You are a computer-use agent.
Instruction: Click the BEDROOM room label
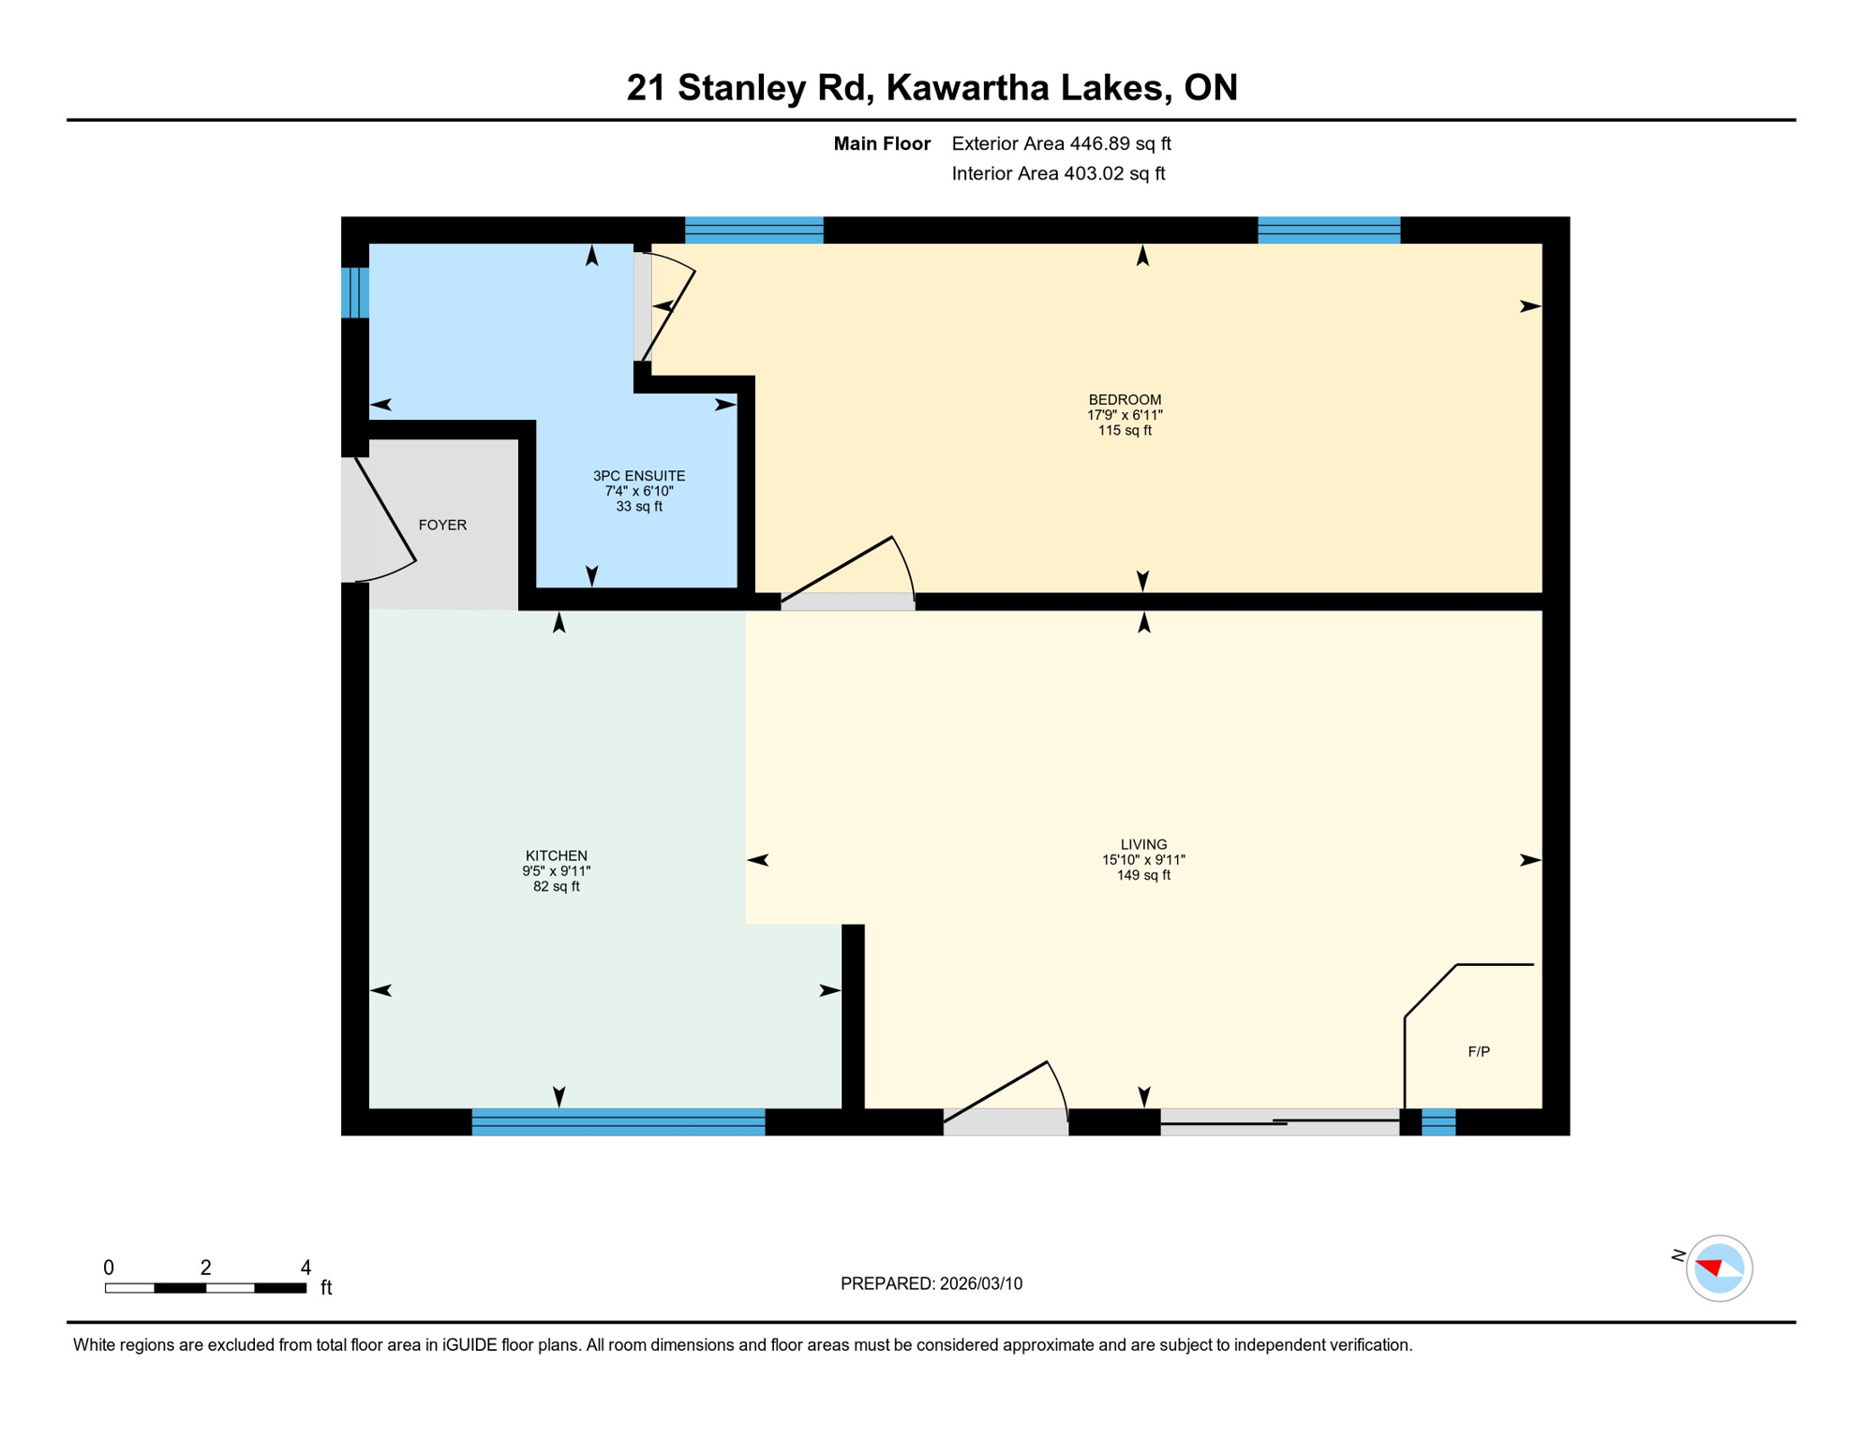point(1125,400)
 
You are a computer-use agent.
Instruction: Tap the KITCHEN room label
point(557,855)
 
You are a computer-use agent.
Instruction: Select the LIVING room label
point(1143,844)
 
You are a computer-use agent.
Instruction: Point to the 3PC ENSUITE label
point(639,476)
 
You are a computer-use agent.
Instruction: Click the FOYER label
point(442,525)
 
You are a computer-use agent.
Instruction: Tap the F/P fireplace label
point(1479,1051)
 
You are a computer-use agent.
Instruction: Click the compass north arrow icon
point(1718,1268)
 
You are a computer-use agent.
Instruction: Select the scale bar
point(206,1288)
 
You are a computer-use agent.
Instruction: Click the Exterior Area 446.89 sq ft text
point(1061,143)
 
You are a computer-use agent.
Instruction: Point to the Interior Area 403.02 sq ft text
point(1058,173)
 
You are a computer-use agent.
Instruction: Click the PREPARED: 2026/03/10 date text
point(931,1283)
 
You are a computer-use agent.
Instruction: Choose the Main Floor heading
point(882,143)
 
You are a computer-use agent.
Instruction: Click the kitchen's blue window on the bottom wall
point(619,1121)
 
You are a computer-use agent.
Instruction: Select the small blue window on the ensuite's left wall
point(355,292)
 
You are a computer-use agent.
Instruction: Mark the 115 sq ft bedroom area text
point(1125,431)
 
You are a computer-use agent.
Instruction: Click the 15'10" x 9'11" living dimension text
point(1143,860)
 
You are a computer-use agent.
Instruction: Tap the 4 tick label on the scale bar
point(306,1268)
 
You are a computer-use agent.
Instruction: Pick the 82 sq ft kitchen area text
point(557,886)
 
